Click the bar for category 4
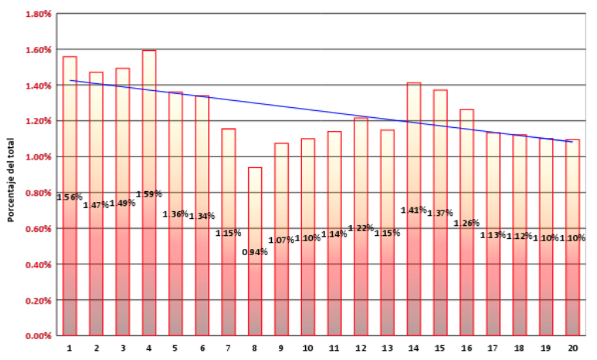pos(149,262)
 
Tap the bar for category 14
pos(414,262)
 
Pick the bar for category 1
pos(69,262)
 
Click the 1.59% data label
pos(149,194)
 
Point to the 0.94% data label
pos(254,252)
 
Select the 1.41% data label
pos(414,210)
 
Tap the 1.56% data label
pos(69,197)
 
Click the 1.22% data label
pos(361,228)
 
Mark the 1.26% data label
pos(466,224)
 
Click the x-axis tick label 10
pos(307,348)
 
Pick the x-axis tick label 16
pos(466,348)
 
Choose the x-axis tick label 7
pos(228,348)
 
